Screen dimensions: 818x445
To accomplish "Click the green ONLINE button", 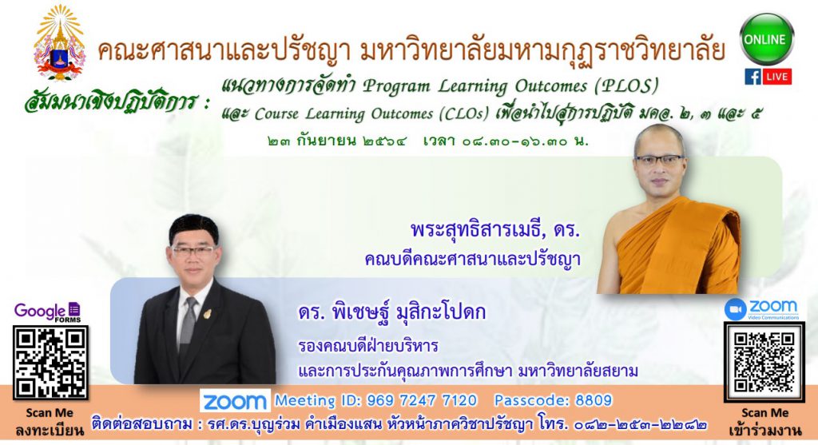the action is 766,39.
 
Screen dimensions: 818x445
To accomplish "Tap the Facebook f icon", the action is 752,76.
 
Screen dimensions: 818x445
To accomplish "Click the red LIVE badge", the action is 776,76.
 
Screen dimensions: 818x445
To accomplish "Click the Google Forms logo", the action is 47,312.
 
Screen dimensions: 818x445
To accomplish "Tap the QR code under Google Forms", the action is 50,363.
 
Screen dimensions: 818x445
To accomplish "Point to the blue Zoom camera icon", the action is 735,309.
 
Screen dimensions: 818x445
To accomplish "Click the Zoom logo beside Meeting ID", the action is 235,400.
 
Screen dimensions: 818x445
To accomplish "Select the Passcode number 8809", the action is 594,400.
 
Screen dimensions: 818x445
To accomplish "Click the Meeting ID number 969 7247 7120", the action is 422,400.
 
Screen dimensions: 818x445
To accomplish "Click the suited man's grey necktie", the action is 188,327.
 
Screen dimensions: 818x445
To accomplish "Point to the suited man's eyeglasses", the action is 193,250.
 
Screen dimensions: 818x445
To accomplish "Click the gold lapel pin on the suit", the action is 207,314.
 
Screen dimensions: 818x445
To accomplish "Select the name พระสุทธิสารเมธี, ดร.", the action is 495,229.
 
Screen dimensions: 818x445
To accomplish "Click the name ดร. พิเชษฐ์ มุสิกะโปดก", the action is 391,312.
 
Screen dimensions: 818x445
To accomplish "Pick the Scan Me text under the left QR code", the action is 50,413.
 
